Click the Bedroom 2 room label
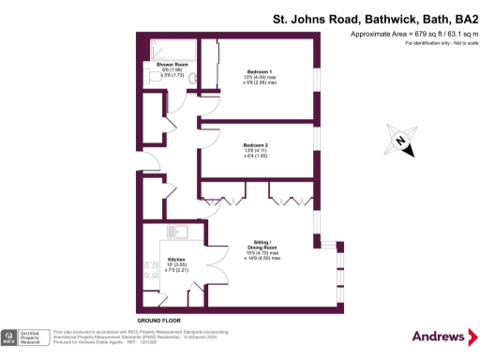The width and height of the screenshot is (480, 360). coord(256,145)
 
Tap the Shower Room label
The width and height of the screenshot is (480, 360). coord(158,63)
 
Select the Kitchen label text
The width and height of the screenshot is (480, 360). coord(176,259)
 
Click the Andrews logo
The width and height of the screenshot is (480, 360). coord(440,337)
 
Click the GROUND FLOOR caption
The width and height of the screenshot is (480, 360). coord(158,321)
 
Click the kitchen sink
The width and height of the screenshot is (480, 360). coord(177,230)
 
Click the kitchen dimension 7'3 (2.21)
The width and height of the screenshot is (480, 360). coord(177,271)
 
